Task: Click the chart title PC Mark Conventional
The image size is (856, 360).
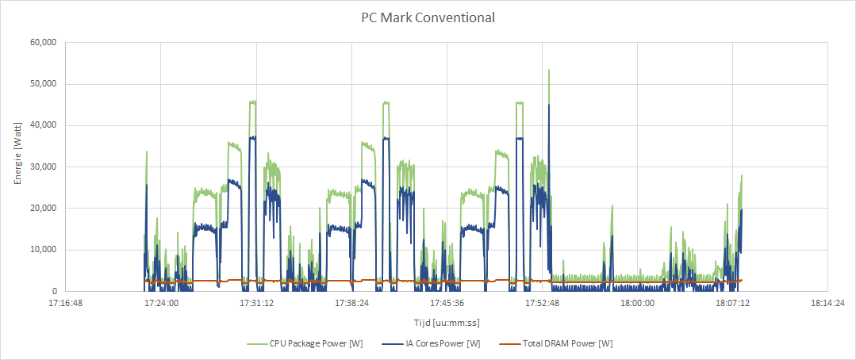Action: pos(428,17)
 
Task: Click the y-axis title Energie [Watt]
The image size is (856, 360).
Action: pos(17,167)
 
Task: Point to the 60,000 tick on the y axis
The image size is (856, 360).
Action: pos(41,43)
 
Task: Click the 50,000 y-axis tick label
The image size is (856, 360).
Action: pos(41,84)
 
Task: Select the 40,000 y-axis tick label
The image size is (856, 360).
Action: pos(41,125)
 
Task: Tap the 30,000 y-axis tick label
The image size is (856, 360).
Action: pos(41,167)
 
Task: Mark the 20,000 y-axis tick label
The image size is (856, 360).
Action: pos(41,209)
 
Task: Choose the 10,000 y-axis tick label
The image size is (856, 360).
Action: pos(41,250)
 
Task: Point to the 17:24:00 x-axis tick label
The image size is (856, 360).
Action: pos(160,303)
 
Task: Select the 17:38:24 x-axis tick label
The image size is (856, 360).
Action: pos(351,303)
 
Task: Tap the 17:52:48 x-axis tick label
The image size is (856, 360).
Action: pos(542,303)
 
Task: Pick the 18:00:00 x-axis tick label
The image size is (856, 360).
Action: pos(637,303)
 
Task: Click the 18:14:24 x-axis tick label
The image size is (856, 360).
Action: pos(827,303)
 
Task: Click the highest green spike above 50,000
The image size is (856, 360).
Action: pos(548,71)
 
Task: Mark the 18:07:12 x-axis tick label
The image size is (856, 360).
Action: pos(732,303)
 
